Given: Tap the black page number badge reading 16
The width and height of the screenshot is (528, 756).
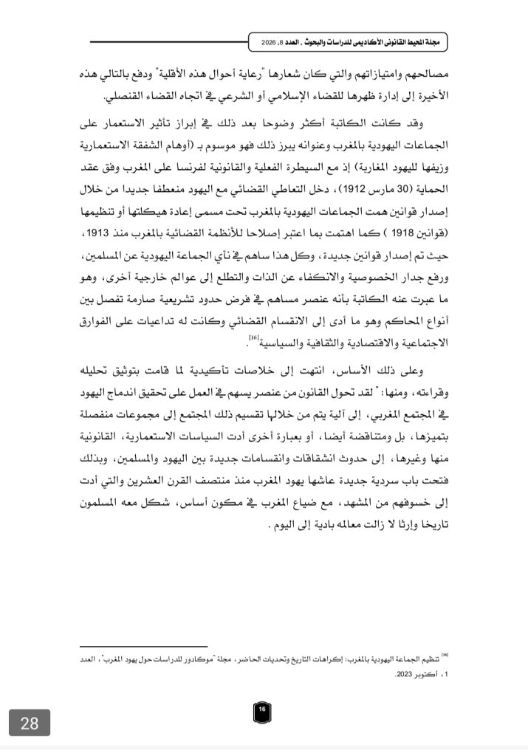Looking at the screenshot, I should click(262, 709).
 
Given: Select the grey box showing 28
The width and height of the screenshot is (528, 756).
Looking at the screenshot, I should click(30, 724).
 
